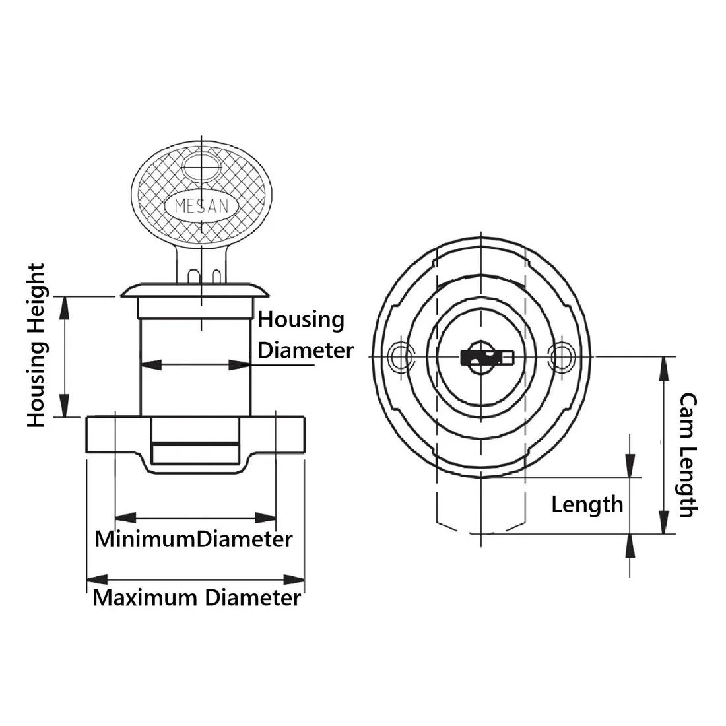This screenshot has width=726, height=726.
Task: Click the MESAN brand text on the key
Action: [x=201, y=206]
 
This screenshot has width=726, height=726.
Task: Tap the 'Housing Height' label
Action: [x=36, y=345]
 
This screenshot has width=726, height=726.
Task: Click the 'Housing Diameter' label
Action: [x=304, y=335]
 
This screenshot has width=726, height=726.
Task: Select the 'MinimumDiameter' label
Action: [x=193, y=539]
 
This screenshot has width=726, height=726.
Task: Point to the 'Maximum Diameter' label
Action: [x=196, y=598]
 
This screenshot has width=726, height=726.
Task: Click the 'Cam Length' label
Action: [x=688, y=455]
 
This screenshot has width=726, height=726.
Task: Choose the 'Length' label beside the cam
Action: [x=587, y=505]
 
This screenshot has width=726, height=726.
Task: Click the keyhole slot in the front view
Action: [x=486, y=358]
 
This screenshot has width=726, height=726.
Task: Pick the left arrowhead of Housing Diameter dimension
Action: [x=149, y=364]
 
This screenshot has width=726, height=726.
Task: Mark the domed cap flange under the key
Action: [x=196, y=291]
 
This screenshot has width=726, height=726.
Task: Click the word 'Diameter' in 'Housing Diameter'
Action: [x=306, y=350]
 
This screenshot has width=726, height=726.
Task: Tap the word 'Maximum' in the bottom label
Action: [x=145, y=598]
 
